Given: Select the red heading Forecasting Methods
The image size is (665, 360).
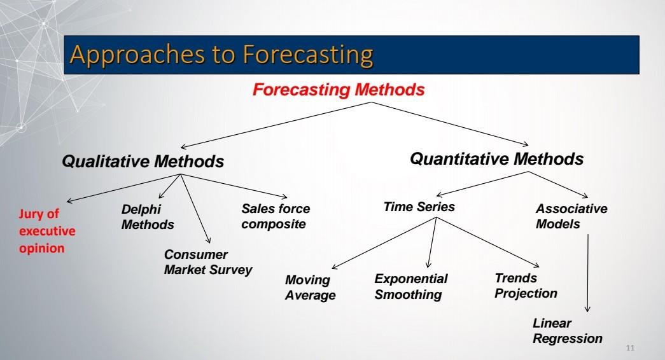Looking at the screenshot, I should (x=339, y=90).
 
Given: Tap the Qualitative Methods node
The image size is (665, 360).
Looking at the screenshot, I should (x=143, y=162).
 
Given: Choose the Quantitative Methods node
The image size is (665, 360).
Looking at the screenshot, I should (x=496, y=158).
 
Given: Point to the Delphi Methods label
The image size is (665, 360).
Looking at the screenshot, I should (x=148, y=217).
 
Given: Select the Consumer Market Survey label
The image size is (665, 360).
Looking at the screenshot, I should (x=208, y=262).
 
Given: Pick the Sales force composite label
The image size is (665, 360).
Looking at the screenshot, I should (x=276, y=216).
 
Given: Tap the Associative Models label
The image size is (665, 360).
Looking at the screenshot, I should (x=571, y=217).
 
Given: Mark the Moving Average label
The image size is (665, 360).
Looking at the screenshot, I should (x=310, y=287).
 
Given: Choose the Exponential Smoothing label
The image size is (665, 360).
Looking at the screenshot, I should (x=410, y=286).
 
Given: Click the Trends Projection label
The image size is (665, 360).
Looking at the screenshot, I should (x=526, y=286).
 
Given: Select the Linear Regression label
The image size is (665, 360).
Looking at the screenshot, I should (x=567, y=331).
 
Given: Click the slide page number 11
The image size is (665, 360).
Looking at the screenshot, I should (x=631, y=347).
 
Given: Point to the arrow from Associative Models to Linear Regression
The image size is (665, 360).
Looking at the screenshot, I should (x=587, y=273).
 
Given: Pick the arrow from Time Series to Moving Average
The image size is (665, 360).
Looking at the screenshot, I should (x=384, y=243).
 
